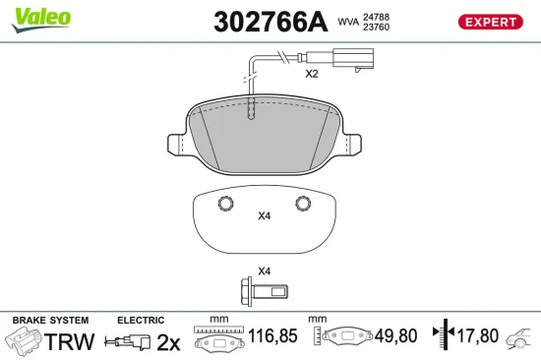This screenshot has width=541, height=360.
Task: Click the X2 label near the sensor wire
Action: [312, 74]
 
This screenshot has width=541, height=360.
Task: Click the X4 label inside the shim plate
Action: [264, 216]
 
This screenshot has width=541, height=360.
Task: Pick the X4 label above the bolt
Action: [264, 270]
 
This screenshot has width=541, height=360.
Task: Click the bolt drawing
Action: [263, 291]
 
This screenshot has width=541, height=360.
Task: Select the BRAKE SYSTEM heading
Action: [49, 321]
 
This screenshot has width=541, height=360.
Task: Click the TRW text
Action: [71, 341]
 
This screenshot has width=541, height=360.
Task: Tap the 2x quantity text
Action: [169, 341]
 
